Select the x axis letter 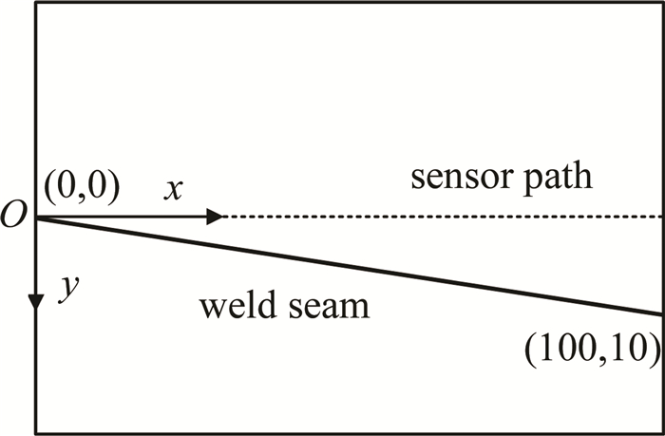click(172, 190)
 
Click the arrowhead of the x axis click(215, 217)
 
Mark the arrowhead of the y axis click(36, 301)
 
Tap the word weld click(234, 307)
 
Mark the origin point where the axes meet click(36, 218)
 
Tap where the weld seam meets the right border click(662, 313)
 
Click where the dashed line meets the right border click(662, 217)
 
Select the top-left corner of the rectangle click(36, 3)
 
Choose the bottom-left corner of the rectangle click(36, 433)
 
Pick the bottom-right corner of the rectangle click(662, 433)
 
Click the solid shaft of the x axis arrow click(123, 217)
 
